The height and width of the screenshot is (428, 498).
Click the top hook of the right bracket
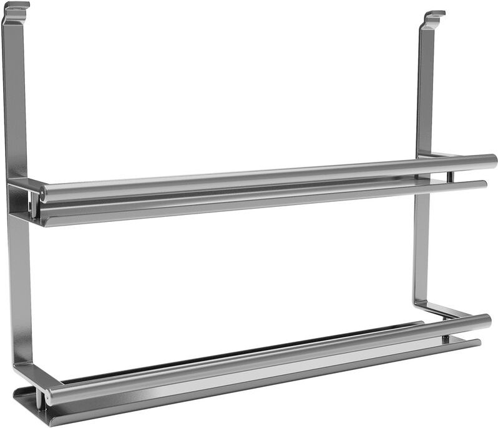point(434,15)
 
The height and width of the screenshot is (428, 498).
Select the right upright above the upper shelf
point(426,87)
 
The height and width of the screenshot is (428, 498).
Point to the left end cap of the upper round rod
point(42,193)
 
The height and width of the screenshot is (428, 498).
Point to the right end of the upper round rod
point(491,160)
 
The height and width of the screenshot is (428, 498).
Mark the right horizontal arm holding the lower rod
point(437,309)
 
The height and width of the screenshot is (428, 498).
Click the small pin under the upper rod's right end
point(448,177)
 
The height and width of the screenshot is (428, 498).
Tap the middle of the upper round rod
point(268,176)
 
